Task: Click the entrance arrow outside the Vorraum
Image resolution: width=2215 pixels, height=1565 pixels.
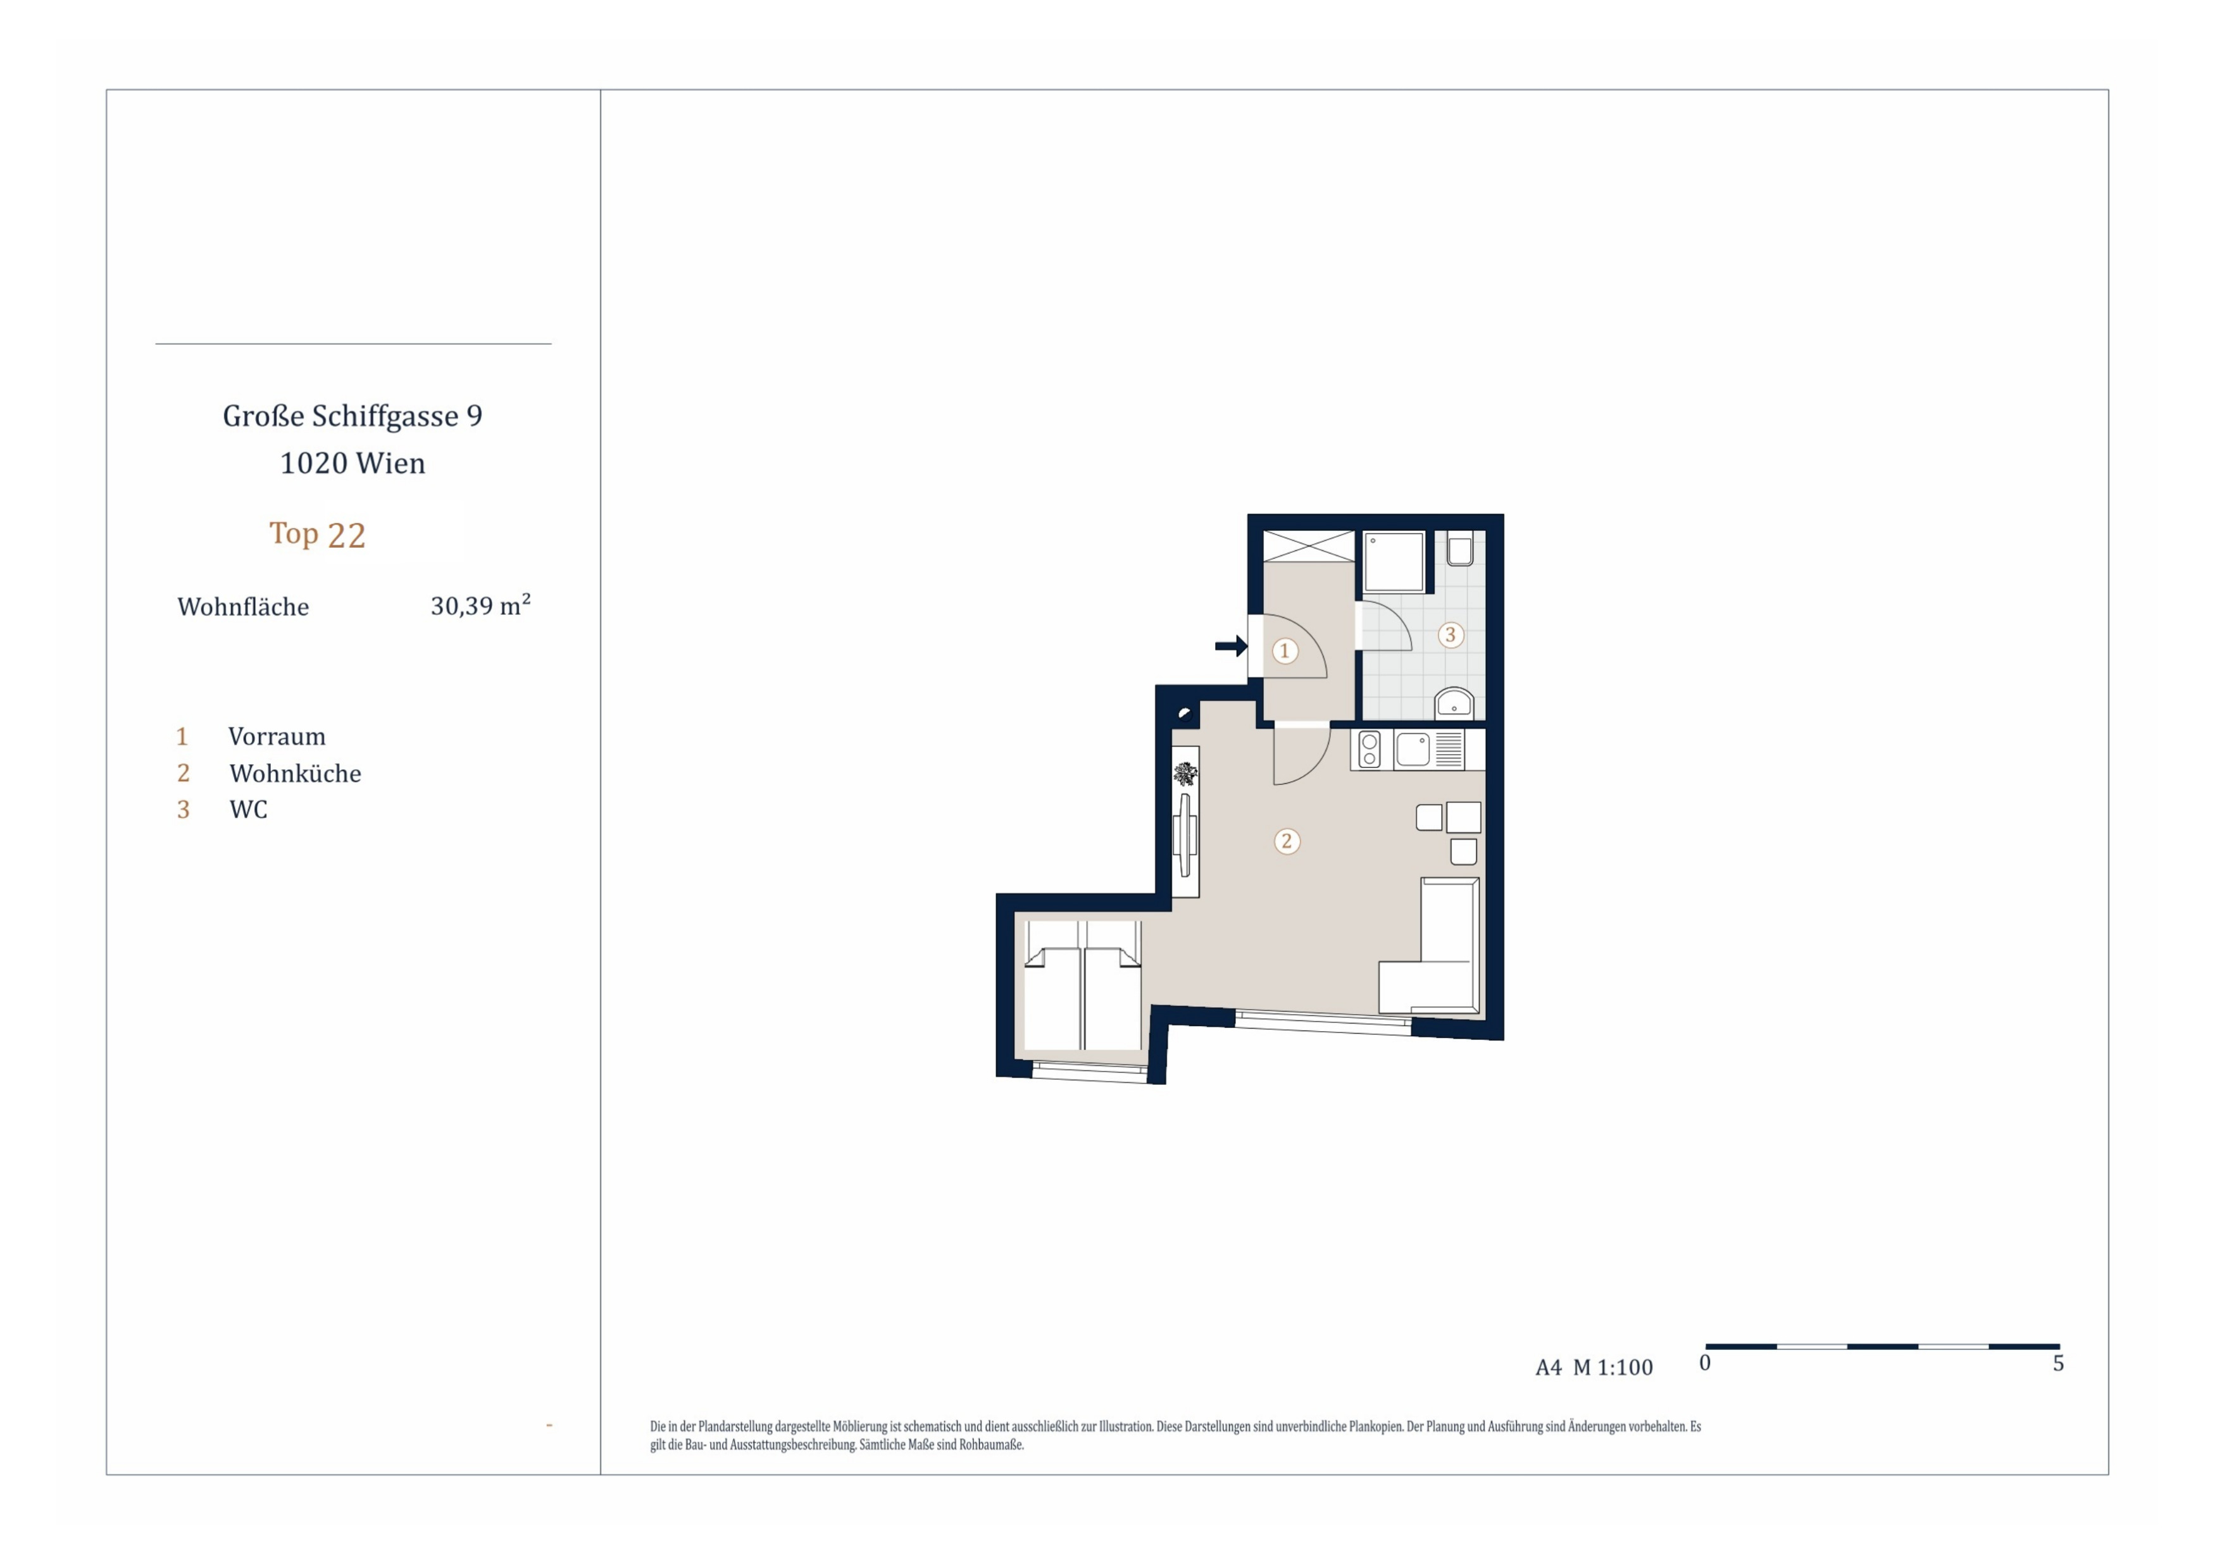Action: [x=1231, y=646]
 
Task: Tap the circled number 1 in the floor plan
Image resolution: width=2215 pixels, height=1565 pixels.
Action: [x=1284, y=651]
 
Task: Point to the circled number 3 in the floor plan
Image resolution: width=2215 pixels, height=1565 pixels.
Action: [x=1450, y=634]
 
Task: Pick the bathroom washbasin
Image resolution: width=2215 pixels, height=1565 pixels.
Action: [x=1454, y=702]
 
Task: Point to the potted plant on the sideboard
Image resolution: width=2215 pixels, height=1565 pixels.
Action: [x=1185, y=774]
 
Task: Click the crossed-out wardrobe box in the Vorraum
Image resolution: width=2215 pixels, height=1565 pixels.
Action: [x=1309, y=546]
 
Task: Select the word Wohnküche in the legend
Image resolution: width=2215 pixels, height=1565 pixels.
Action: [x=295, y=774]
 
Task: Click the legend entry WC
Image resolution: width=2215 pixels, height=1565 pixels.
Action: [x=248, y=810]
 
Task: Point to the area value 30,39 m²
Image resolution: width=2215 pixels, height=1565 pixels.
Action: [x=480, y=605]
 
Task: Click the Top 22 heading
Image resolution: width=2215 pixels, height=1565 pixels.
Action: [x=318, y=534]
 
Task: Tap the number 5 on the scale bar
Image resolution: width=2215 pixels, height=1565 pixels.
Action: [x=2058, y=1363]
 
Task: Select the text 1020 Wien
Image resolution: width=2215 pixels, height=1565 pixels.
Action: [x=352, y=464]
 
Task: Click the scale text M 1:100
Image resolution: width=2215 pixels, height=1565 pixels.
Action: [x=1613, y=1368]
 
